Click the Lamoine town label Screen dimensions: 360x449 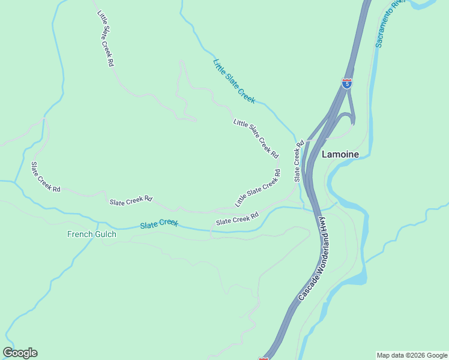340,154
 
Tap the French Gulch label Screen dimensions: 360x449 91,234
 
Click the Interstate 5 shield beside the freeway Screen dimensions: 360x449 347,83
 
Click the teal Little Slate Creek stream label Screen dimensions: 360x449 234,81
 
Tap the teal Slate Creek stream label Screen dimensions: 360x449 159,224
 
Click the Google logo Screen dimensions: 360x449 20,353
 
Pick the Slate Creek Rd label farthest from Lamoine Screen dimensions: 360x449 46,177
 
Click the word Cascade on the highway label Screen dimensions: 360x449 305,287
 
